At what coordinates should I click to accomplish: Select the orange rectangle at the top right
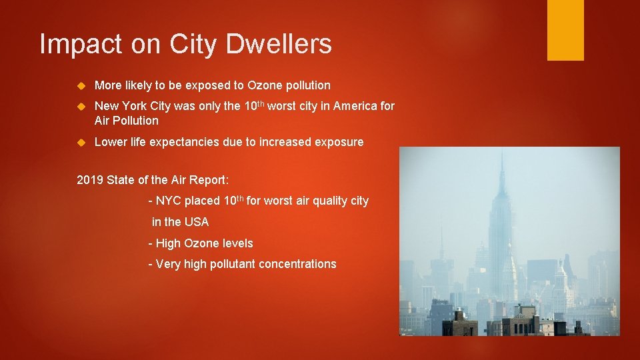coord(565,30)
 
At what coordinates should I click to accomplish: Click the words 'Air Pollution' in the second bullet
coord(127,121)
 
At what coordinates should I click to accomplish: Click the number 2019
coord(91,179)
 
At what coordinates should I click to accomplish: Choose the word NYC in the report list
coord(169,201)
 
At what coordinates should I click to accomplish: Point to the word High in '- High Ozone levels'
coord(168,243)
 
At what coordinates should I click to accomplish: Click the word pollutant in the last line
coord(231,264)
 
